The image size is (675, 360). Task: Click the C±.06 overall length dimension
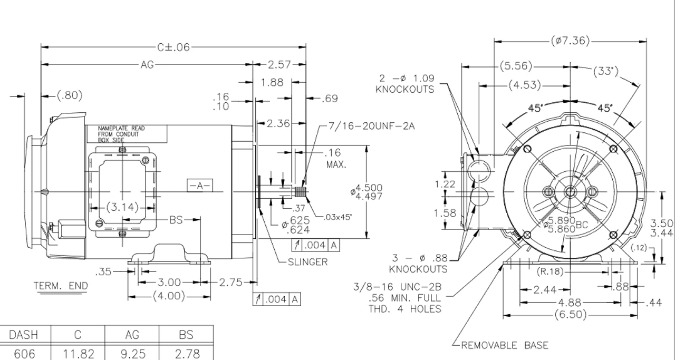coord(172,47)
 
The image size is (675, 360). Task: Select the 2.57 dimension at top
coord(279,64)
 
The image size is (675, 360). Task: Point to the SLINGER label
coord(307,262)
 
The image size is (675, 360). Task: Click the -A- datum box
coord(200,185)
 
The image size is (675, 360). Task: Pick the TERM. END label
coord(61,286)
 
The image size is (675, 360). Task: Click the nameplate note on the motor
coord(121,134)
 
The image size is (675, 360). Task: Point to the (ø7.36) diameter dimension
coord(570,41)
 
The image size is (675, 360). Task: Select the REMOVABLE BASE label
coord(505,346)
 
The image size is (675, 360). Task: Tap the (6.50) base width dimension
coord(570,315)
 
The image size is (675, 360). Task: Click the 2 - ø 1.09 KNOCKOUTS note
coord(404,83)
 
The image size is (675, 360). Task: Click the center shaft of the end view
coord(570,191)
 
